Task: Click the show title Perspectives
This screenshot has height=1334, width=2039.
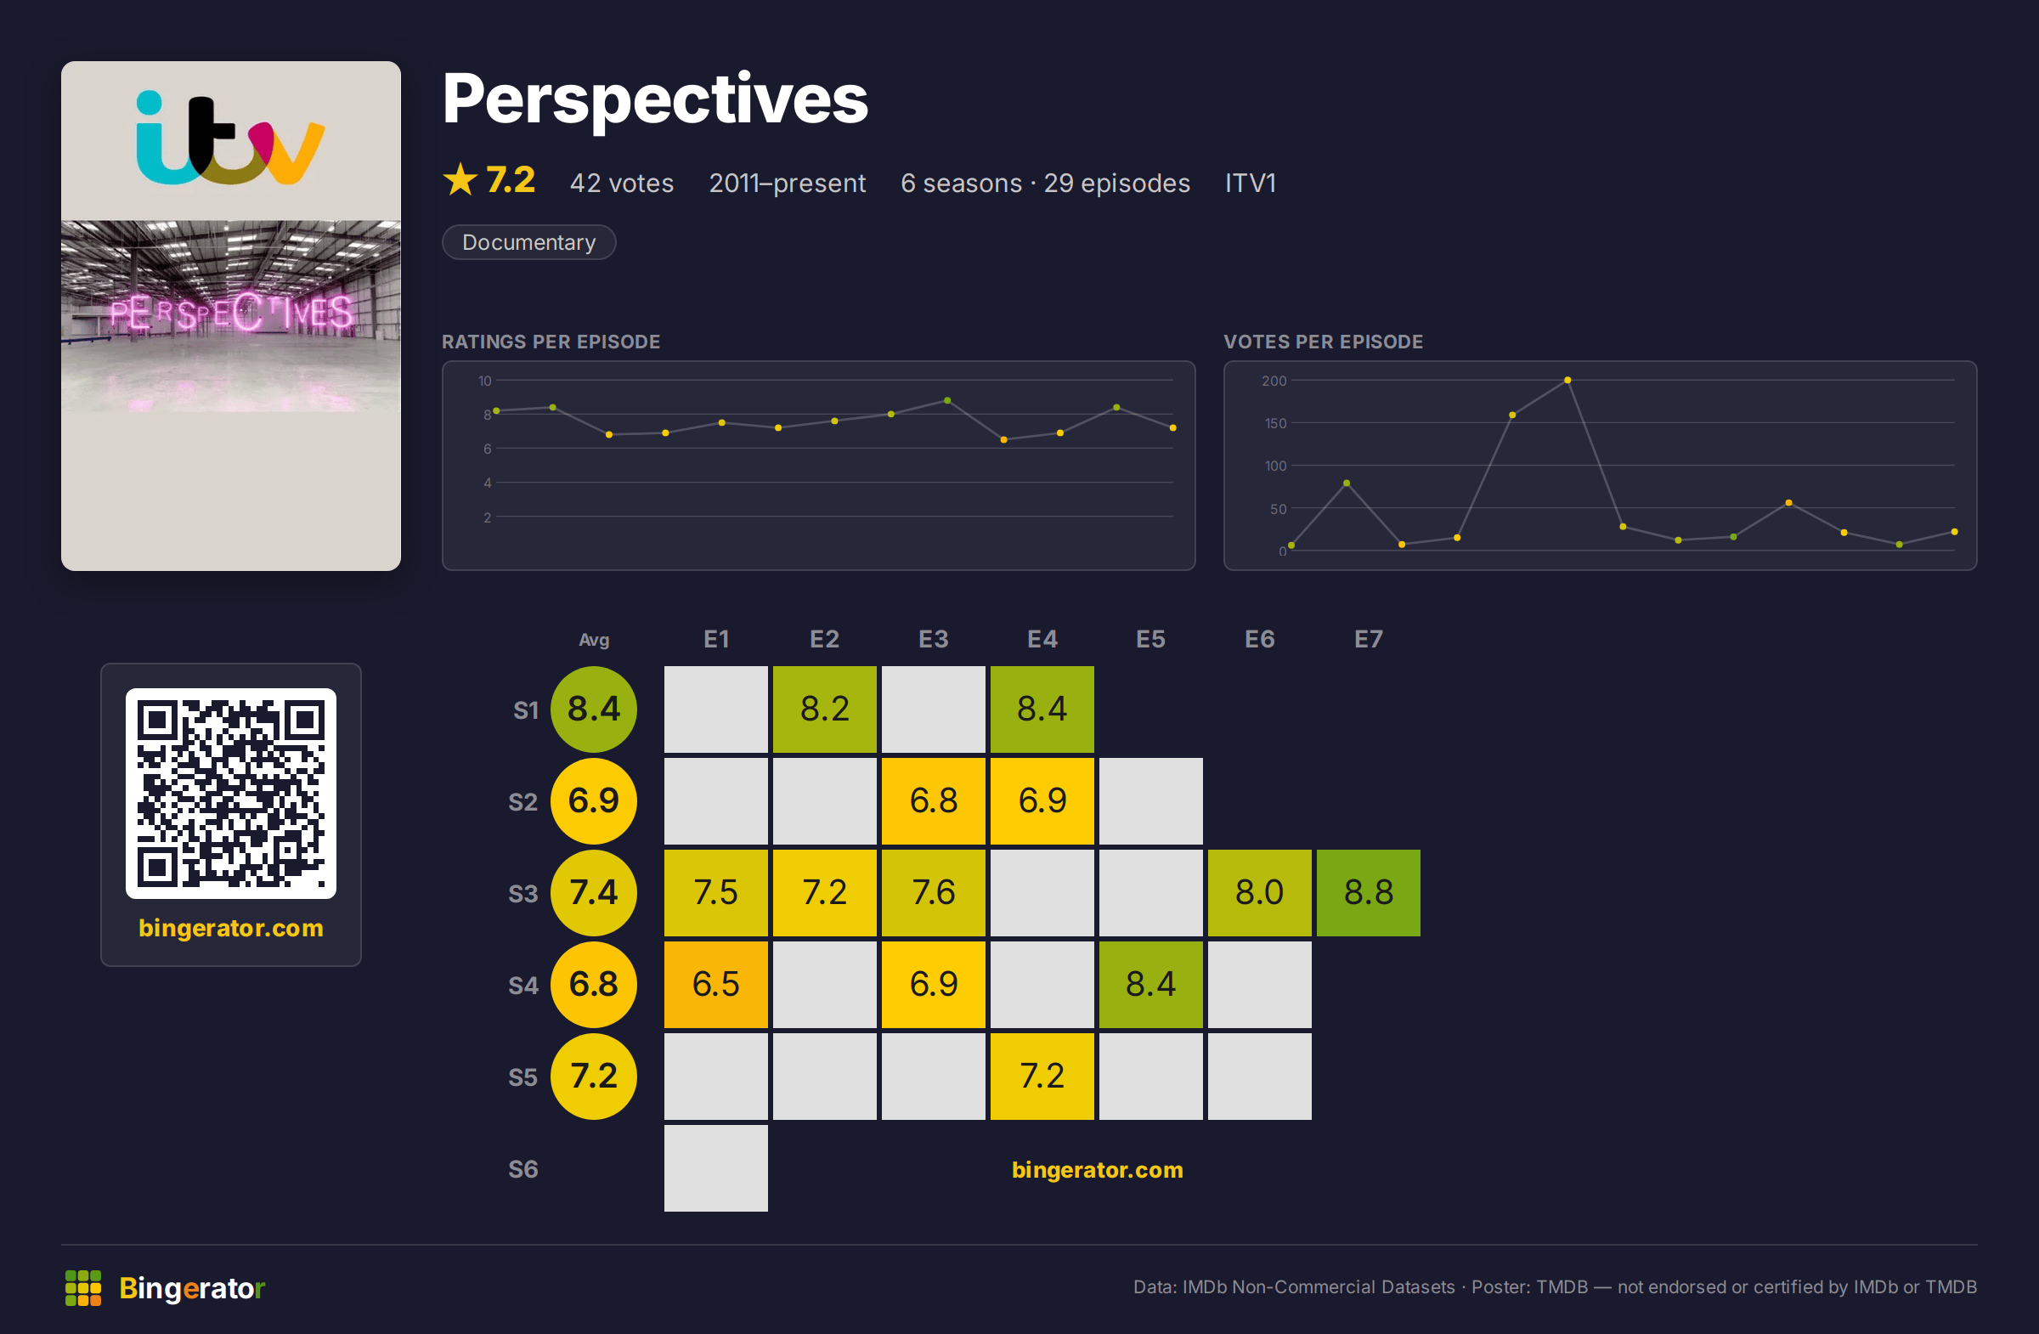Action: click(x=654, y=99)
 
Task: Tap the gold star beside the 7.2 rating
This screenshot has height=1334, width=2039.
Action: click(x=460, y=180)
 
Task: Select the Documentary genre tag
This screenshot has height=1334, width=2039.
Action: click(x=528, y=242)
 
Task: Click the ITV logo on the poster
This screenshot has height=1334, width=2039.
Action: click(x=230, y=138)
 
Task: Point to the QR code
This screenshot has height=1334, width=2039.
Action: click(x=230, y=794)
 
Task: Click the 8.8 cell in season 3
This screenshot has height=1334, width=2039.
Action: click(x=1368, y=893)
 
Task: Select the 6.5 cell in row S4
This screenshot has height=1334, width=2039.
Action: click(x=715, y=985)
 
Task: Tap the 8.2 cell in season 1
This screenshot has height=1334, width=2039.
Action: click(x=824, y=709)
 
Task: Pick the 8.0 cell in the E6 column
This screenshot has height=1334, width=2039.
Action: click(x=1259, y=893)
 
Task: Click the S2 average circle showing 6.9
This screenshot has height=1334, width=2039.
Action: click(x=594, y=801)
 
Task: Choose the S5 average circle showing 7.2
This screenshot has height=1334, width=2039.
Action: click(x=594, y=1076)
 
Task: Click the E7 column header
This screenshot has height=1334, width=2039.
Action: click(x=1368, y=639)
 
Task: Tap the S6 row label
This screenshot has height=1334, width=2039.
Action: click(x=522, y=1169)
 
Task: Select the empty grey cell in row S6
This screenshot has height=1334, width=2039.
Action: click(x=715, y=1167)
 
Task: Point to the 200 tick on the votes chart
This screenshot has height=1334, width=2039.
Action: click(x=1274, y=381)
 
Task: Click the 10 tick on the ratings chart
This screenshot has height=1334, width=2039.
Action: click(x=485, y=381)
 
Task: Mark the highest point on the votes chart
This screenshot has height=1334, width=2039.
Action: click(x=1567, y=381)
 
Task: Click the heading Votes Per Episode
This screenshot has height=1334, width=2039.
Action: click(x=1323, y=342)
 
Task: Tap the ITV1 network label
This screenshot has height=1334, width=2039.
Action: click(x=1250, y=184)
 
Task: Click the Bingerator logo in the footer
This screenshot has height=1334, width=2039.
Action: click(x=166, y=1288)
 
